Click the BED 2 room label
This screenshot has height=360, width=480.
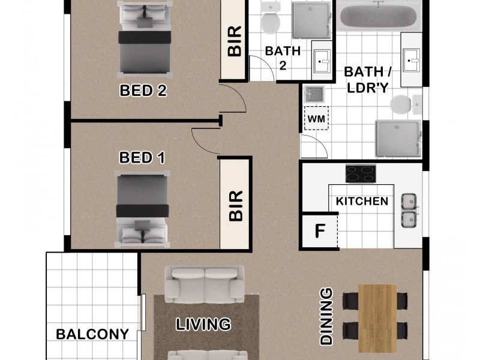point(142,91)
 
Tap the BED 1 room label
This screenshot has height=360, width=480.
point(142,158)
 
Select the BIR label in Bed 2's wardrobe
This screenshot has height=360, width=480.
point(234,41)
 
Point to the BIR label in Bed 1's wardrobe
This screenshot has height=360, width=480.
point(235,206)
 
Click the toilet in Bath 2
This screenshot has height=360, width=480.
point(269,22)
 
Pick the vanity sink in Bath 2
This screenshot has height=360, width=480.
point(322,60)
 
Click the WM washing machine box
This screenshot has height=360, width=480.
point(316,119)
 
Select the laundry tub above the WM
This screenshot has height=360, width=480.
point(313,94)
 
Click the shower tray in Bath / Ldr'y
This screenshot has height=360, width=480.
point(398,139)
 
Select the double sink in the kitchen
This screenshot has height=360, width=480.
point(409,211)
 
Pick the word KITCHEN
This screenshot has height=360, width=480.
point(362,201)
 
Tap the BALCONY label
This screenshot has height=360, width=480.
point(93,334)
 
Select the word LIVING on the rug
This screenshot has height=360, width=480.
point(203,324)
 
